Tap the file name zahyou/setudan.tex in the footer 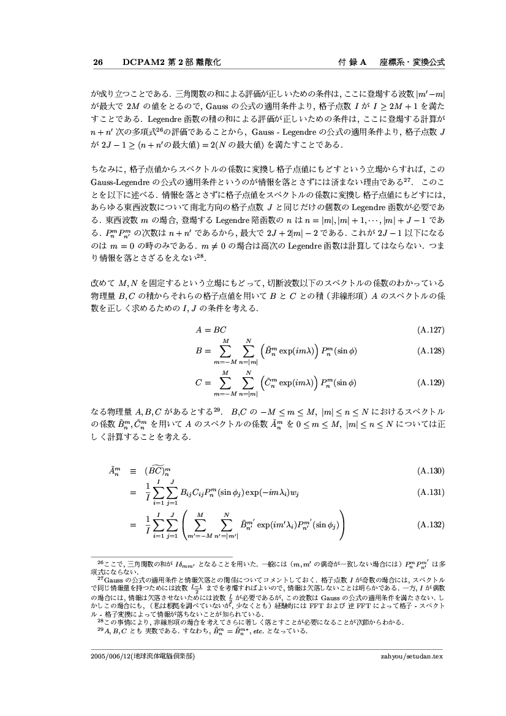(412, 655)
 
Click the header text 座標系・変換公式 (412, 62)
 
